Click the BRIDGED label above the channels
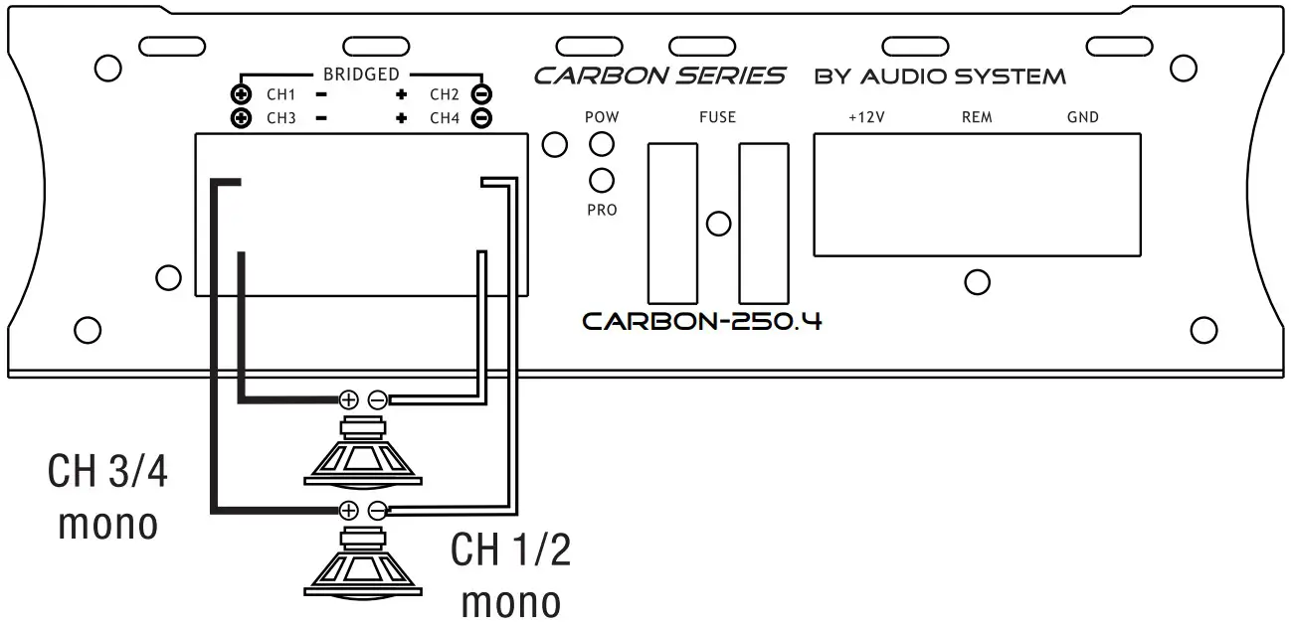(360, 75)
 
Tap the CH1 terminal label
(280, 95)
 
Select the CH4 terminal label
(445, 118)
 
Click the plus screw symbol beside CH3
(240, 118)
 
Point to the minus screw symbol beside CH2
(479, 95)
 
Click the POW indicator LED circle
(602, 144)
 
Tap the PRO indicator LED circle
(602, 180)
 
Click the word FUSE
(717, 117)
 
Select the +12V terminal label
(866, 117)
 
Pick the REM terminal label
(977, 117)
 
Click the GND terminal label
(1082, 117)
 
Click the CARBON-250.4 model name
(702, 322)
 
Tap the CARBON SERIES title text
(659, 76)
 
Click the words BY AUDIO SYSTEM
(940, 77)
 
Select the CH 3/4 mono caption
(108, 497)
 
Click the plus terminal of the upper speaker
(348, 399)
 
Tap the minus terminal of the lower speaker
(377, 511)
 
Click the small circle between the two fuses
(717, 224)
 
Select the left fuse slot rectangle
(672, 223)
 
